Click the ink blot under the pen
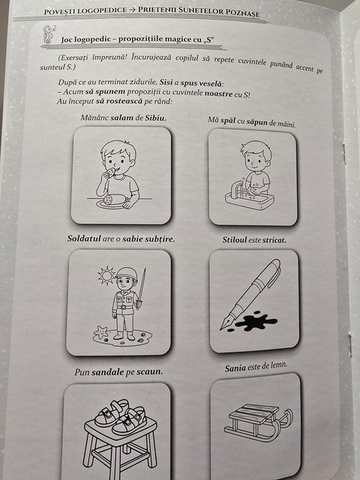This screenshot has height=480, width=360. tap(252, 322)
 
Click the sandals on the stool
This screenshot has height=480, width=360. tap(120, 414)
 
